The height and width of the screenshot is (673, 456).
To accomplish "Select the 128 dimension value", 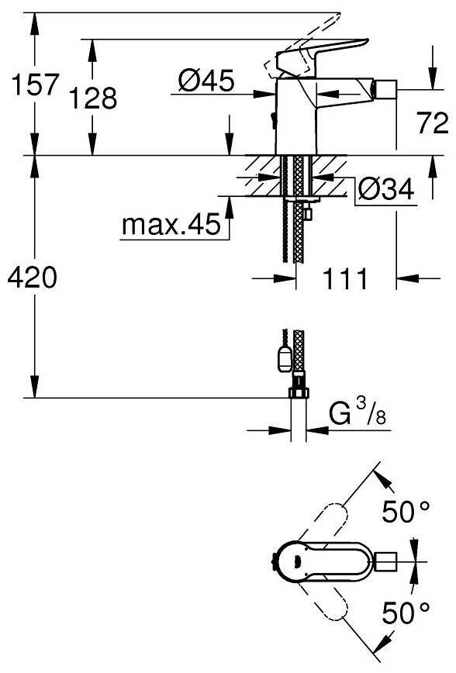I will coord(93,98).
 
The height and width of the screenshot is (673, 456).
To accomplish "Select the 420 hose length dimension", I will coord(31,278).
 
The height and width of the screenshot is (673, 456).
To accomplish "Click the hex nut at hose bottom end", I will coord(297,392).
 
